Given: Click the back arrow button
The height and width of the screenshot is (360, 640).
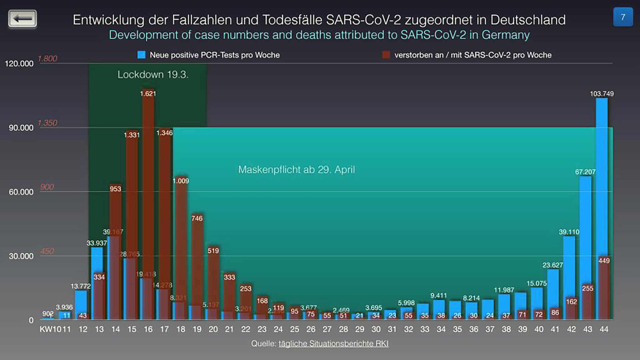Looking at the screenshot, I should [x=22, y=18].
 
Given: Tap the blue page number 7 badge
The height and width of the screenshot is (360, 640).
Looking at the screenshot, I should [x=623, y=17].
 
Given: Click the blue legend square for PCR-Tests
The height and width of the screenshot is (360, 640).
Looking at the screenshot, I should [x=142, y=55].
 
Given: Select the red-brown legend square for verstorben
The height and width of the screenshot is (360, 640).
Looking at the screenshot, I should [x=386, y=55].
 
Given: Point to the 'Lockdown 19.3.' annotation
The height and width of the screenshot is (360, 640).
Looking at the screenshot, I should [x=153, y=75].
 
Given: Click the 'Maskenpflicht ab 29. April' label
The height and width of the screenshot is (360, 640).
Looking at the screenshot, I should [x=297, y=170].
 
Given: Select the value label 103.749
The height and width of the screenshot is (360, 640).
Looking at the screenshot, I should [x=602, y=94].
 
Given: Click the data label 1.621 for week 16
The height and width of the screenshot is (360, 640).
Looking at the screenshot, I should [x=148, y=94].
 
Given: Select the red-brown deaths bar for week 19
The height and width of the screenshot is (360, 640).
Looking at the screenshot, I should [x=197, y=266].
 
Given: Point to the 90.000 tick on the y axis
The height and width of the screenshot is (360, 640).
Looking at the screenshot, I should [x=21, y=128].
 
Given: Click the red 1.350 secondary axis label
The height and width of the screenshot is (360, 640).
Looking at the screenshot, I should [x=47, y=123].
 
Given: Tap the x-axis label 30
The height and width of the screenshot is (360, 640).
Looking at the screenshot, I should [x=376, y=329].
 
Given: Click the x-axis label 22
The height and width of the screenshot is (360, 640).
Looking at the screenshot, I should [x=246, y=329].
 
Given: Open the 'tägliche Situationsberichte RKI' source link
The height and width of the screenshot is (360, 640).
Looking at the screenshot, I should [x=333, y=344].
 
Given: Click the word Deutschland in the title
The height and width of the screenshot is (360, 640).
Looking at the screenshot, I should [x=528, y=20].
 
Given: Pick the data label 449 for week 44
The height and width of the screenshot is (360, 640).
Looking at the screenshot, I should [x=604, y=261].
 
